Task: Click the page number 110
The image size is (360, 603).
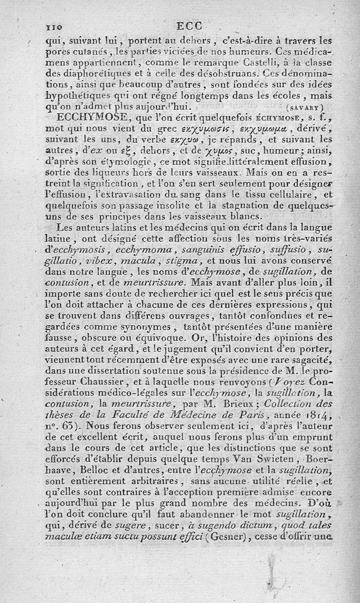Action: (x=56, y=27)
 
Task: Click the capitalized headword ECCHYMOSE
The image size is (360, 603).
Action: (x=91, y=119)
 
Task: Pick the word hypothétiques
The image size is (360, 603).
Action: (x=77, y=96)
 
